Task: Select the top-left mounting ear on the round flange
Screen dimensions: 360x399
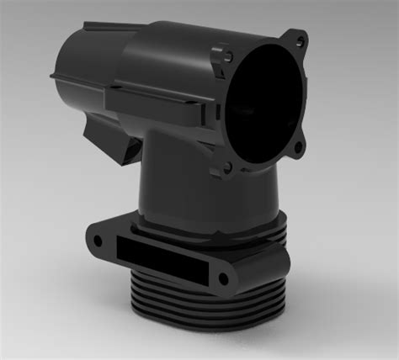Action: [x=226, y=57]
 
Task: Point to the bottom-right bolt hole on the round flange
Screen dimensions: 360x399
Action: [x=297, y=152]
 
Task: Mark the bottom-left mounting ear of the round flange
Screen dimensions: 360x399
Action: [x=230, y=172]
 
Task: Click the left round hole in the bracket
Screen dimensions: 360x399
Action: [x=98, y=241]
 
